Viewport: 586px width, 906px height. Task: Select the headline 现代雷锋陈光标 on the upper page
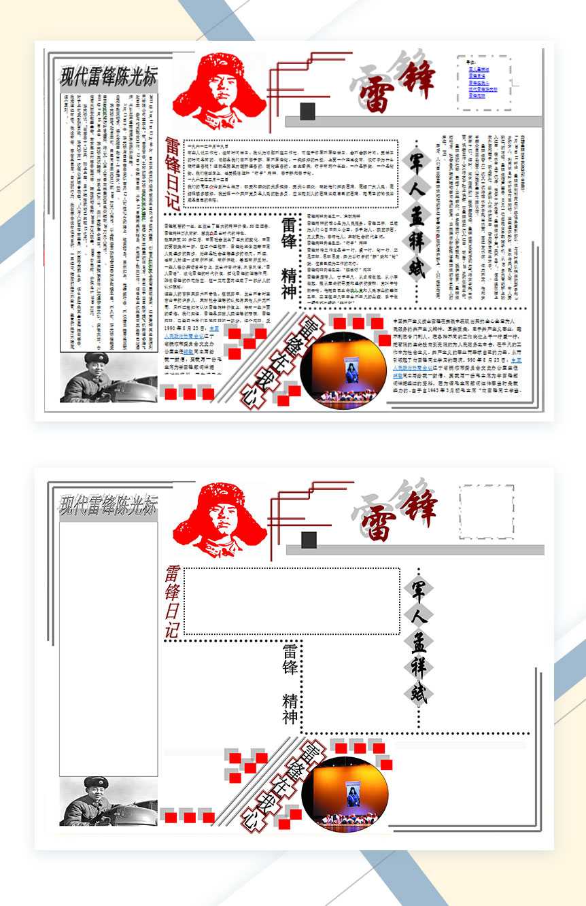click(109, 76)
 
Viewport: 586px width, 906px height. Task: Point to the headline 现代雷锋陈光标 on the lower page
click(109, 505)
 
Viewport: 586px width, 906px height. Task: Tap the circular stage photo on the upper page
click(344, 371)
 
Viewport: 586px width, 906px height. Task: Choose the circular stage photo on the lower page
click(344, 795)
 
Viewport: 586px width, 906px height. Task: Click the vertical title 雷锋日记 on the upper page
click(172, 173)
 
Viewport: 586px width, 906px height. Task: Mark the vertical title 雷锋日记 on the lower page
click(172, 602)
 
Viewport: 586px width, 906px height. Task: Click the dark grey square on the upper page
click(307, 111)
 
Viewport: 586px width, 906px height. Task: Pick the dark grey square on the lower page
click(309, 540)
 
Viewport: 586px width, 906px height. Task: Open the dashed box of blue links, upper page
click(483, 83)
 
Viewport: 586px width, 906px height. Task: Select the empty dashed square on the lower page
click(487, 511)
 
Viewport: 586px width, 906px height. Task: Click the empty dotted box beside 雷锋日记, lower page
click(291, 601)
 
